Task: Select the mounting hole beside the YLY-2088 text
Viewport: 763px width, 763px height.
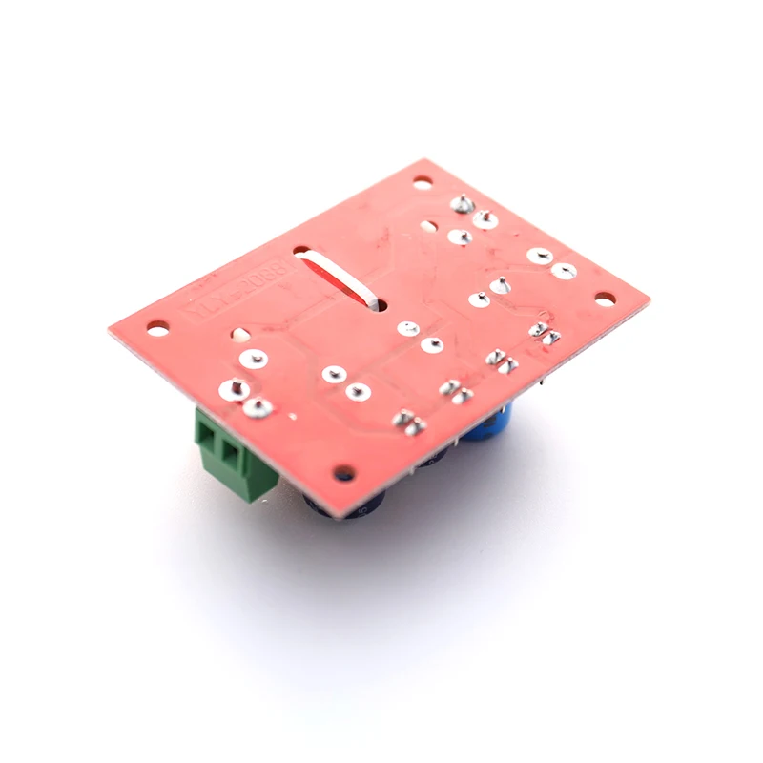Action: pyautogui.click(x=158, y=327)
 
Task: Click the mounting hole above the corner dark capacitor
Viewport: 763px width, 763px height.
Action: pyautogui.click(x=344, y=472)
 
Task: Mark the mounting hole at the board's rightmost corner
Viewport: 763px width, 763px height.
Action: pyautogui.click(x=605, y=299)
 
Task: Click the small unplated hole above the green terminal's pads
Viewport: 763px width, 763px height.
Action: pyautogui.click(x=239, y=336)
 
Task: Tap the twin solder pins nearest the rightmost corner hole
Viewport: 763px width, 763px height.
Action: pyautogui.click(x=544, y=331)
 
